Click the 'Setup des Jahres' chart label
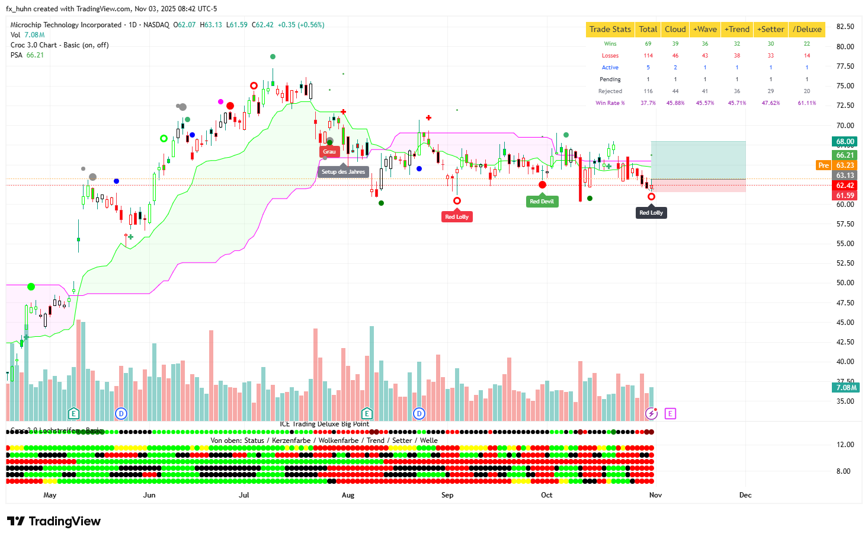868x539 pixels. point(343,172)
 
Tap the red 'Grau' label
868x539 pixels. point(329,152)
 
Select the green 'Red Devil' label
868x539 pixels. point(542,202)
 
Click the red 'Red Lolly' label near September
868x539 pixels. point(457,217)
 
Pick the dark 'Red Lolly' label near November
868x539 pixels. point(651,213)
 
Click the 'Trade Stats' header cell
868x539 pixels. point(610,29)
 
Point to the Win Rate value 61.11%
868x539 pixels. point(806,103)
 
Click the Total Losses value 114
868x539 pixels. point(648,56)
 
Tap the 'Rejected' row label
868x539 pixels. point(610,91)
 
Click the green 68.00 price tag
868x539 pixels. point(845,142)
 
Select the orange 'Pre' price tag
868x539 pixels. point(824,165)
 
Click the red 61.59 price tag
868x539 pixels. point(845,196)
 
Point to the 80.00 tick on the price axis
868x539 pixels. point(845,46)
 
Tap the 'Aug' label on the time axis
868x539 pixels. point(348,495)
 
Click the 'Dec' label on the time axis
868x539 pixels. point(745,495)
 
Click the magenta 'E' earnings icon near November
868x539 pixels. point(670,413)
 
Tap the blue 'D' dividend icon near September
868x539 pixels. point(419,413)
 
